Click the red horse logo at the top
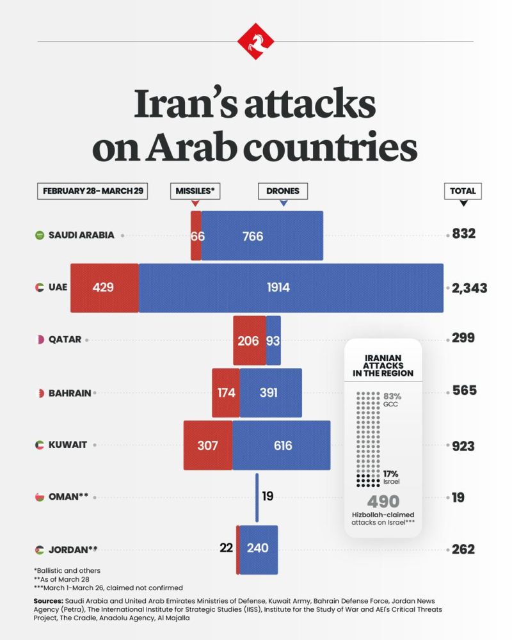[256, 42]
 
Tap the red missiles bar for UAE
[104, 287]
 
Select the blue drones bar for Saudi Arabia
[262, 236]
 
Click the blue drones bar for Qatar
[273, 340]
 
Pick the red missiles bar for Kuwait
[208, 445]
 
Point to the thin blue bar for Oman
[257, 497]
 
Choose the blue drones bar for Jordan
[259, 548]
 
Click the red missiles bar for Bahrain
[226, 392]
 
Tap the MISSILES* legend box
[195, 191]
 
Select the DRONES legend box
[283, 191]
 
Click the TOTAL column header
[463, 191]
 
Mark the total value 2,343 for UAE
[469, 288]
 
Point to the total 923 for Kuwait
[463, 445]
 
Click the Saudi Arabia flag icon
[40, 236]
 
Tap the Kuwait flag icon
[40, 445]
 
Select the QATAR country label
[65, 340]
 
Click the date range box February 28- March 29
[93, 191]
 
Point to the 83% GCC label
[392, 400]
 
